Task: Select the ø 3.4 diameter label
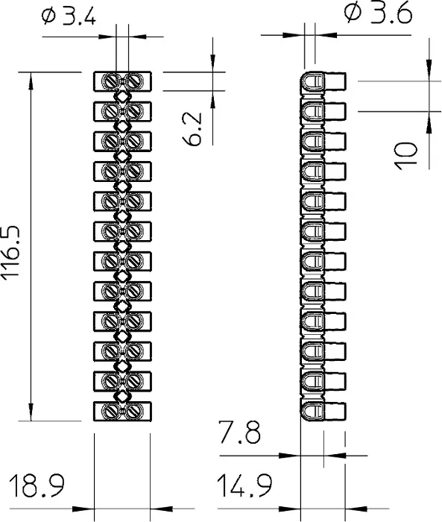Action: click(x=69, y=16)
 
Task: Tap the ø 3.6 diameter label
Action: click(x=378, y=13)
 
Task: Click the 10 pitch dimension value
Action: click(x=405, y=156)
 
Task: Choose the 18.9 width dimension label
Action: click(x=37, y=485)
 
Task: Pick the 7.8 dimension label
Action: click(x=240, y=432)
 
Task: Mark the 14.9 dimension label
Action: click(x=244, y=485)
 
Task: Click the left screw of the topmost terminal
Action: click(x=110, y=81)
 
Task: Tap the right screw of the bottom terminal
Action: click(x=134, y=411)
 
